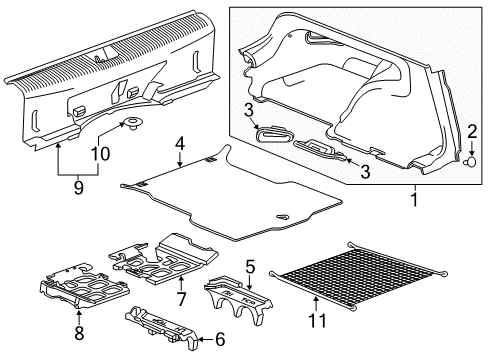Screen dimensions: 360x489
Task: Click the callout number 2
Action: coord(470,131)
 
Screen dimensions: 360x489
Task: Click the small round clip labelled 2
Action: coord(469,160)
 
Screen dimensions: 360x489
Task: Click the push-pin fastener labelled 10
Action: coord(131,126)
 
